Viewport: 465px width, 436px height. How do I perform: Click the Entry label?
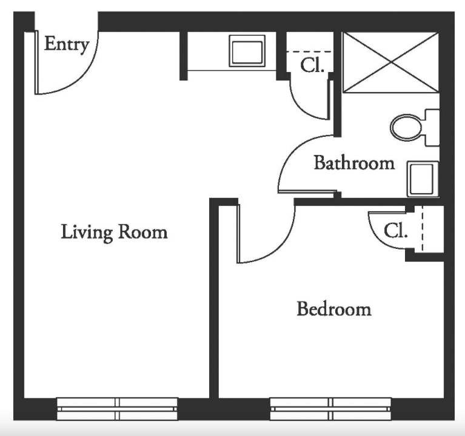tap(67, 45)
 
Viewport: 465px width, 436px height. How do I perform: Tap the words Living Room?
tap(114, 233)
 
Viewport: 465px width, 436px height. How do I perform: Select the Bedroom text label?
tap(334, 309)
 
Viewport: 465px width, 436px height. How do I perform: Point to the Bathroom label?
tap(355, 163)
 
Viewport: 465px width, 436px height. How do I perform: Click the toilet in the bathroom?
tap(415, 127)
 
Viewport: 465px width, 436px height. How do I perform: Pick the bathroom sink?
tap(423, 179)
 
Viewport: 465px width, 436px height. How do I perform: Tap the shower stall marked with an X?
tap(390, 62)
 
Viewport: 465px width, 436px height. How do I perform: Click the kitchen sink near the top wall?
tap(247, 51)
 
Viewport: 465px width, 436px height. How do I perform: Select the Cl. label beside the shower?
tap(312, 65)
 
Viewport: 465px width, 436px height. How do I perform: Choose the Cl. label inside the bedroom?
tap(396, 231)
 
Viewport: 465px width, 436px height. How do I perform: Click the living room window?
tap(117, 409)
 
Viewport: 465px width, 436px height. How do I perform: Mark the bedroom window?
tap(330, 409)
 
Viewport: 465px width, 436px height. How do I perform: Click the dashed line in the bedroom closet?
tap(423, 228)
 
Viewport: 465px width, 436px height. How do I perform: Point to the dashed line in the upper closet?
tap(309, 52)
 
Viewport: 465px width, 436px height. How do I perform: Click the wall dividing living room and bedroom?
tap(214, 299)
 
